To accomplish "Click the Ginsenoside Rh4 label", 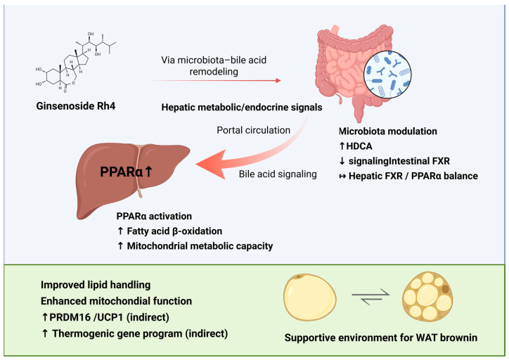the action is (76, 106).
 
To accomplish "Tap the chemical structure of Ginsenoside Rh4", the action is (76, 63).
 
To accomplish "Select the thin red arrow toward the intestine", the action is (214, 80).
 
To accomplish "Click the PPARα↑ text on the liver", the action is (126, 172).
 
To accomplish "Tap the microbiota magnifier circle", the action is (387, 75).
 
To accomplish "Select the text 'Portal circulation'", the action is (254, 130).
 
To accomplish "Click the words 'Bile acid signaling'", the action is (278, 174).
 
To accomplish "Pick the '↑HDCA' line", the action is (356, 146).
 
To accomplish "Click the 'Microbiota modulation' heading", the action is (388, 131).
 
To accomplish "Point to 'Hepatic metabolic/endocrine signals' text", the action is (242, 108).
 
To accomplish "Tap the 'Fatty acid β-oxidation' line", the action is (169, 231).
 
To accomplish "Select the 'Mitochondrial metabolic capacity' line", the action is (195, 246).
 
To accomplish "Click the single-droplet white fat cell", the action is (309, 297).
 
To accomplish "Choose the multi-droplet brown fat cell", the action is (427, 296).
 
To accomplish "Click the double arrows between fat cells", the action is (371, 297).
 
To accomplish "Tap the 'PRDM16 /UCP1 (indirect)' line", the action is (105, 317).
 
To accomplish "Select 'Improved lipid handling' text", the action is (96, 285).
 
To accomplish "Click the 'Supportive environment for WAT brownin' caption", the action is (381, 337).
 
